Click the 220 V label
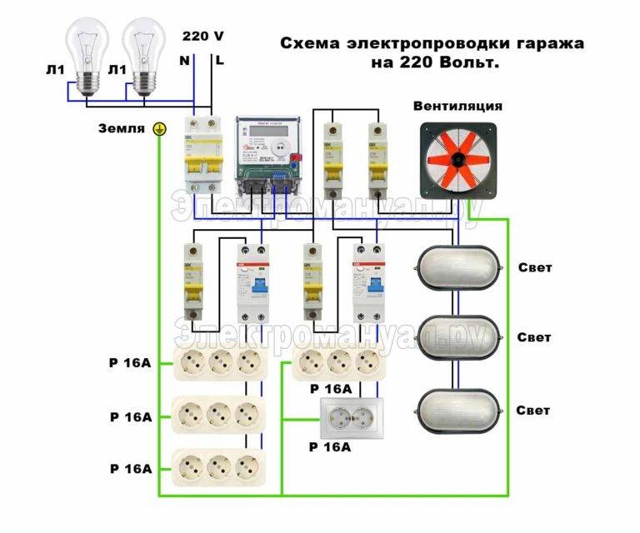(202, 36)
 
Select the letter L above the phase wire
(218, 60)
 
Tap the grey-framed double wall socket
(353, 417)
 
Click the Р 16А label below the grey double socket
(330, 447)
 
